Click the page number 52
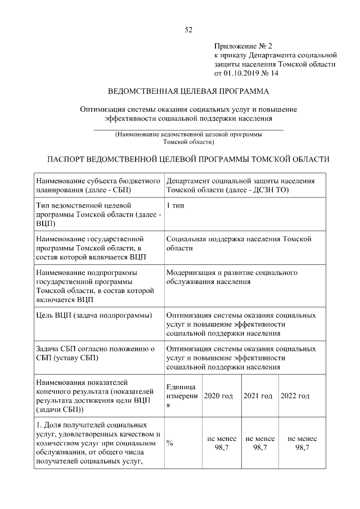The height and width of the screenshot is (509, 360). (x=188, y=30)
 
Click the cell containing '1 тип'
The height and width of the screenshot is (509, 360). (x=175, y=206)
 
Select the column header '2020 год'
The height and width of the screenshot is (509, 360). (x=218, y=396)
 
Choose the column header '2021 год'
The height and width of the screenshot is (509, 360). (x=258, y=396)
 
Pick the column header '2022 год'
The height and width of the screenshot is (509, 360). (x=295, y=396)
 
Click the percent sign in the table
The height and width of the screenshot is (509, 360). (x=170, y=443)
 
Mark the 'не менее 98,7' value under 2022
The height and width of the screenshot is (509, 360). (x=302, y=443)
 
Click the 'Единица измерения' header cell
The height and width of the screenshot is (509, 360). (x=181, y=396)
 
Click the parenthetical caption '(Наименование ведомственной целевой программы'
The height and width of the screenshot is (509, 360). (x=188, y=135)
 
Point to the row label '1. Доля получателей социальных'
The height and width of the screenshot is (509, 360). (x=92, y=424)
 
